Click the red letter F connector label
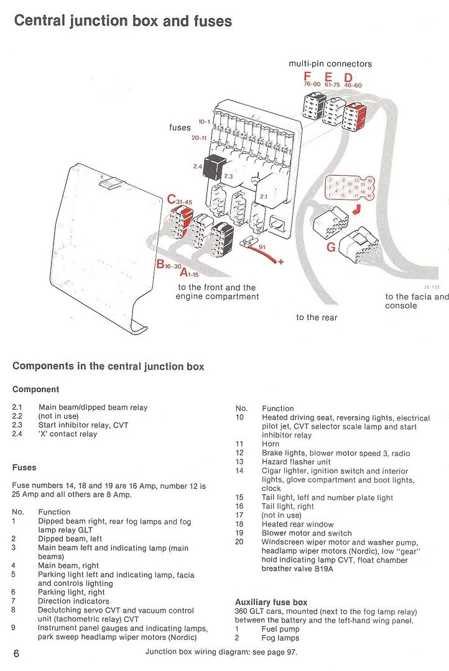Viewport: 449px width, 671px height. tap(307, 77)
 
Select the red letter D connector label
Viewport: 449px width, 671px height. tap(348, 77)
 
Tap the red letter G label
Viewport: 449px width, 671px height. tap(331, 247)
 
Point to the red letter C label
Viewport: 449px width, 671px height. tap(172, 199)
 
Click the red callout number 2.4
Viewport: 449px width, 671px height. tap(198, 167)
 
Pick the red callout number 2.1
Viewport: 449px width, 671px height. tap(264, 197)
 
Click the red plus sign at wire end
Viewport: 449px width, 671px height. tap(281, 262)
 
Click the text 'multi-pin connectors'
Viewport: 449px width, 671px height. tap(330, 64)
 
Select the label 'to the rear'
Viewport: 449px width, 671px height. tap(317, 317)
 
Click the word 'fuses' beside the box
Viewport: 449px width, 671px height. tap(180, 127)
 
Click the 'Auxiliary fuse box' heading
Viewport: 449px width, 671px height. tap(271, 602)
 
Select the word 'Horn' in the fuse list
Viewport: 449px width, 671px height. tap(271, 444)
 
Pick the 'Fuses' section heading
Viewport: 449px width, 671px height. tap(24, 467)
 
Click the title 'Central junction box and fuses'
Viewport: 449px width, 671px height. tap(123, 21)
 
